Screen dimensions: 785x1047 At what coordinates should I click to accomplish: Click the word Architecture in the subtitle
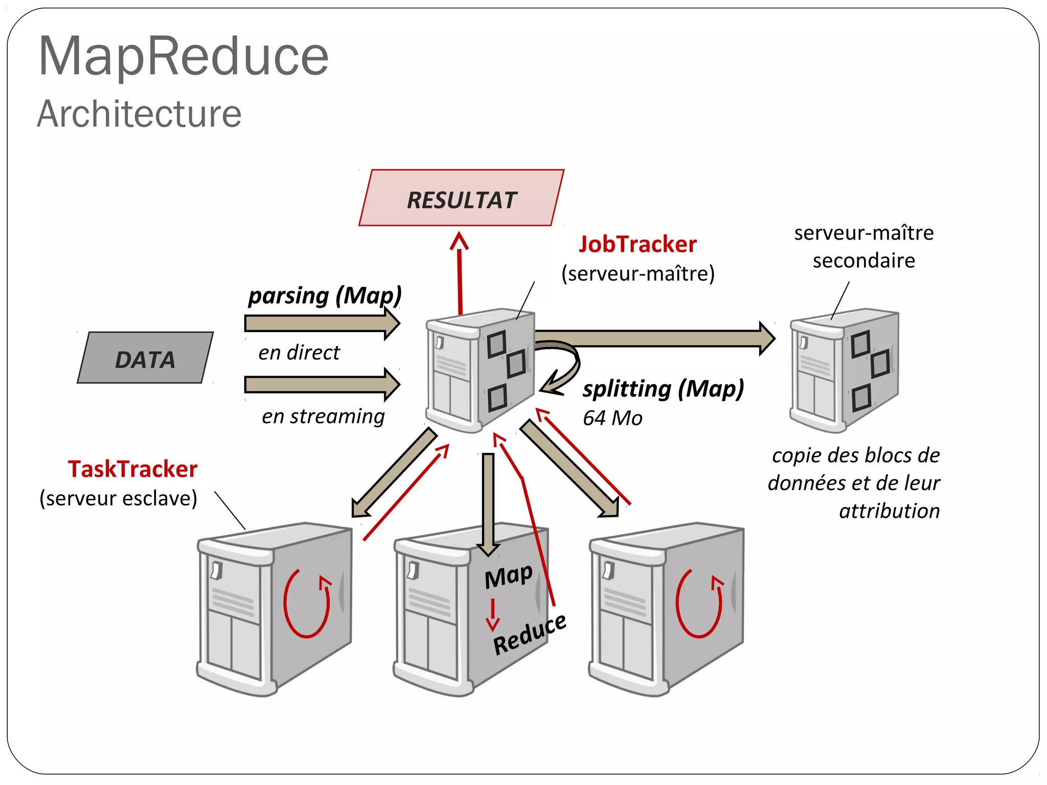click(x=139, y=114)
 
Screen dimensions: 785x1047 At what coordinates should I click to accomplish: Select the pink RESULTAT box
click(x=461, y=198)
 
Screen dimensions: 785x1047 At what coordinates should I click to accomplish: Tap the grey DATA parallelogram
click(x=145, y=358)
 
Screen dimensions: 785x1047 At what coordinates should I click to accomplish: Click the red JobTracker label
click(x=638, y=244)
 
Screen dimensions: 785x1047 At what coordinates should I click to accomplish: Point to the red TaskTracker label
click(x=132, y=469)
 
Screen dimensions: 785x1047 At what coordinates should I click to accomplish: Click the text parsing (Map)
click(x=325, y=296)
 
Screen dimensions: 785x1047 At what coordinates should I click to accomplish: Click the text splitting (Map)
click(x=663, y=389)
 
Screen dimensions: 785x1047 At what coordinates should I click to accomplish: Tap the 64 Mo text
click(x=612, y=418)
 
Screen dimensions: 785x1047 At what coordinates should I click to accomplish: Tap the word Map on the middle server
click(x=509, y=576)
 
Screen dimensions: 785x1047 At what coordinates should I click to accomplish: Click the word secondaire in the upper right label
click(x=863, y=261)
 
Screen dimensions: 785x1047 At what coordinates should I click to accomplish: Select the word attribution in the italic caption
click(x=889, y=511)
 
